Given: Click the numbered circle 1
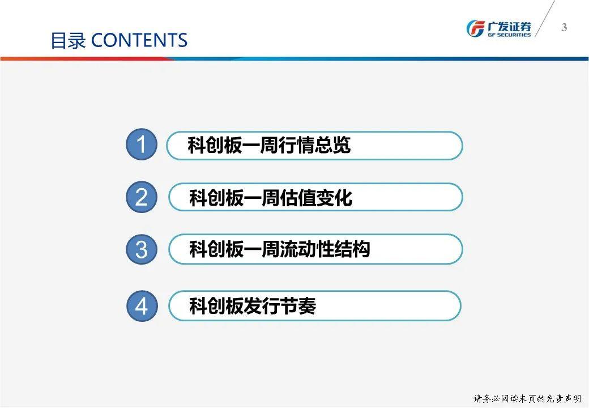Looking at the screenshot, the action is click(x=141, y=144).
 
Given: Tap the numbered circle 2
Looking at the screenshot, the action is click(x=141, y=197).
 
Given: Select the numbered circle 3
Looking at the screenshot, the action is click(x=141, y=249).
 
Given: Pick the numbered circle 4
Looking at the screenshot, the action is click(x=142, y=306).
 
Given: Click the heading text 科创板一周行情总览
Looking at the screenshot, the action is click(x=269, y=145).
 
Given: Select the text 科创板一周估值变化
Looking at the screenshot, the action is click(x=271, y=198).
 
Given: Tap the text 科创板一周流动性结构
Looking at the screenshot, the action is click(x=279, y=249).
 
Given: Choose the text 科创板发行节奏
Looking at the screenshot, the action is click(x=253, y=306).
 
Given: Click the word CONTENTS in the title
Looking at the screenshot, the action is click(x=139, y=40).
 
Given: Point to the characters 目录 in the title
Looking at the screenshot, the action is click(x=68, y=41).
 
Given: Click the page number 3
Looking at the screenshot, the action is click(x=564, y=27).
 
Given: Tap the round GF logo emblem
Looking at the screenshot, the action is click(x=476, y=28).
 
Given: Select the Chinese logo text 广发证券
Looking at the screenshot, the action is click(x=509, y=26).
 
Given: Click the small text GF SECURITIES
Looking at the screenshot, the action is click(x=509, y=35).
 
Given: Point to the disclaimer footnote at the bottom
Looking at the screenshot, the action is click(x=527, y=398).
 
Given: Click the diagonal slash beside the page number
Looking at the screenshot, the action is click(x=545, y=19).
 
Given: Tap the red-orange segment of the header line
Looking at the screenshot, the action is click(x=87, y=58).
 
